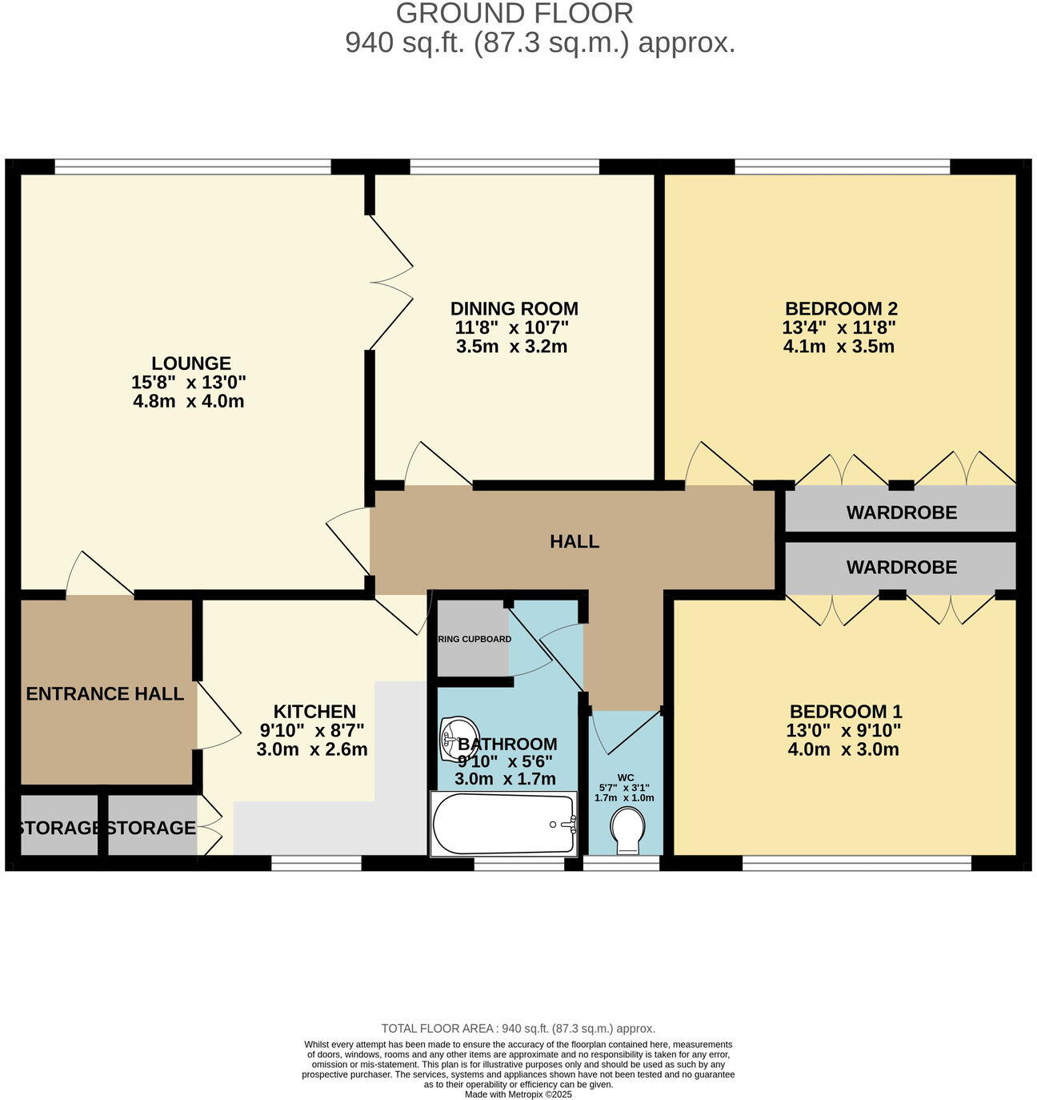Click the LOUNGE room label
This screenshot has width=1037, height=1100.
point(191,363)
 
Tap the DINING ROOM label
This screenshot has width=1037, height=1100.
point(514,309)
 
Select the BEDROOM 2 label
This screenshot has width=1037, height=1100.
point(841,309)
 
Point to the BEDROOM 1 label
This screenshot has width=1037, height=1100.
point(846,712)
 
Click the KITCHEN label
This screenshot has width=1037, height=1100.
point(314,712)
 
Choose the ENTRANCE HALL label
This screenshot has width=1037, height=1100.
point(105,694)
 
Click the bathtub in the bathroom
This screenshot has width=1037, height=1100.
point(503,825)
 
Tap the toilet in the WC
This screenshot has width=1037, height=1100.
point(627,828)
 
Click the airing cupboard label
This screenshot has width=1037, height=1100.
point(474,640)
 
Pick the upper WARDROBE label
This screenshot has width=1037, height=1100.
point(902,512)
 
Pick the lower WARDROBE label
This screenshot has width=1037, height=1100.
point(902,568)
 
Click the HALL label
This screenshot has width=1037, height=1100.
point(574,542)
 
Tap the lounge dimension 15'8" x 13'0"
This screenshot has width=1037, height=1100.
point(189,383)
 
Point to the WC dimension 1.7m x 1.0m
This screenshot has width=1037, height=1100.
point(624,798)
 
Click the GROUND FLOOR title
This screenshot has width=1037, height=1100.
point(514,14)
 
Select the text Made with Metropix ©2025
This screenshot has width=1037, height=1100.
point(518,1094)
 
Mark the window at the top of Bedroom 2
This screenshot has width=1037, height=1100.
point(842,167)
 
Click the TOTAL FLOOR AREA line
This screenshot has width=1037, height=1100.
point(518,1029)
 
